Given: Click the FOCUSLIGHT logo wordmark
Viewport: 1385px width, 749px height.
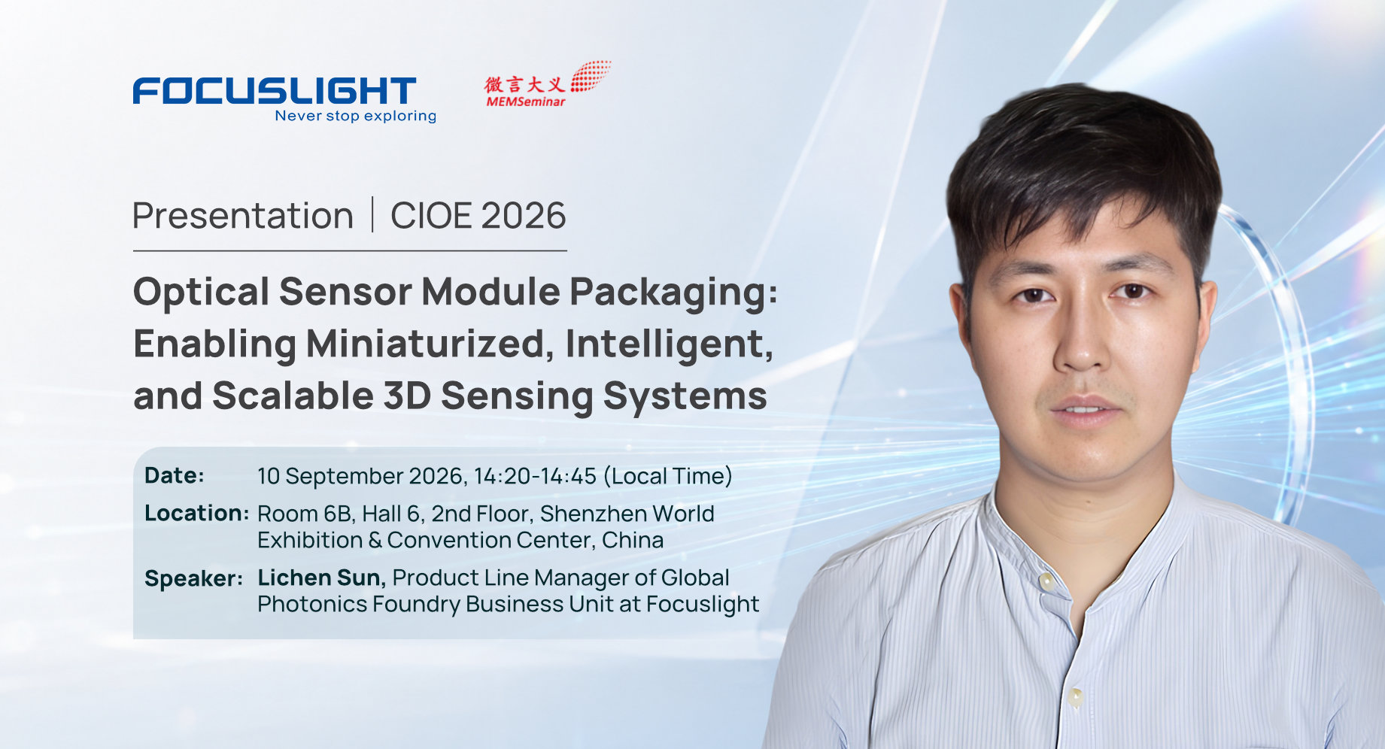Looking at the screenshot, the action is pyautogui.click(x=275, y=90).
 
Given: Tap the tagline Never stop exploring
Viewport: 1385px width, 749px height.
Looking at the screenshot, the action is pyautogui.click(x=356, y=116).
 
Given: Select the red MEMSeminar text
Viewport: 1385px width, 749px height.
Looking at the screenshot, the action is pyautogui.click(x=525, y=102).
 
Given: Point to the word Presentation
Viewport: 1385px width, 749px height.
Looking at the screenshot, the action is pyautogui.click(x=243, y=216).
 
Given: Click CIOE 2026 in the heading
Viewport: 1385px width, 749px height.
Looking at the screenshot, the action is pyautogui.click(x=478, y=216).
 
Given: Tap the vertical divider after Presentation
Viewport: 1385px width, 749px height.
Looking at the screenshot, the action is pyautogui.click(x=372, y=215).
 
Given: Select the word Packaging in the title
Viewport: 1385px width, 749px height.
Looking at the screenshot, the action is pyautogui.click(x=674, y=293).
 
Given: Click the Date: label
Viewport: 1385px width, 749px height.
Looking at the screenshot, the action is pyautogui.click(x=175, y=475).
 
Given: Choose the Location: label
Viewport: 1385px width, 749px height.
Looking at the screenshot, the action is pyautogui.click(x=196, y=514).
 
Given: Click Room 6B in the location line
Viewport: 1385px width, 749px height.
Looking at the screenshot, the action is pyautogui.click(x=305, y=514).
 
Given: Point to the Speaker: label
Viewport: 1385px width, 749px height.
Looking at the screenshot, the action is pyautogui.click(x=193, y=578).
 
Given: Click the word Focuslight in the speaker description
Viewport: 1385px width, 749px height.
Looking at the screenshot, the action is pyautogui.click(x=703, y=604).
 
